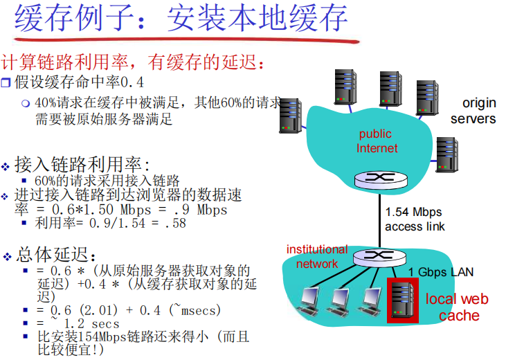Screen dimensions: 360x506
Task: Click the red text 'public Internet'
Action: [377, 141]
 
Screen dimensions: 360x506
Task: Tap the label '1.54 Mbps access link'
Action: [414, 219]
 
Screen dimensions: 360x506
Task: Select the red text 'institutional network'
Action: [317, 256]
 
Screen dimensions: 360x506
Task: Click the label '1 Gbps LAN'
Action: [441, 272]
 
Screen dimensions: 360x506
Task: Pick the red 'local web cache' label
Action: [457, 307]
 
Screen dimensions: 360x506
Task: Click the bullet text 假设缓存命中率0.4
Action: [80, 82]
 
